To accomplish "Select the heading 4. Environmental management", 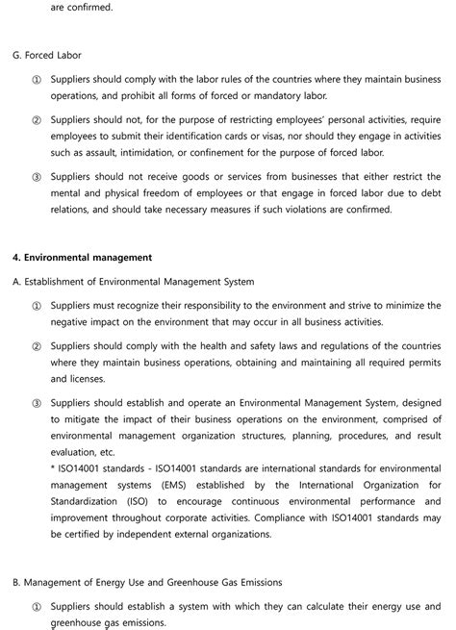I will tap(83, 258).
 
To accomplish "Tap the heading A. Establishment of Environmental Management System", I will tap(134, 282).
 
